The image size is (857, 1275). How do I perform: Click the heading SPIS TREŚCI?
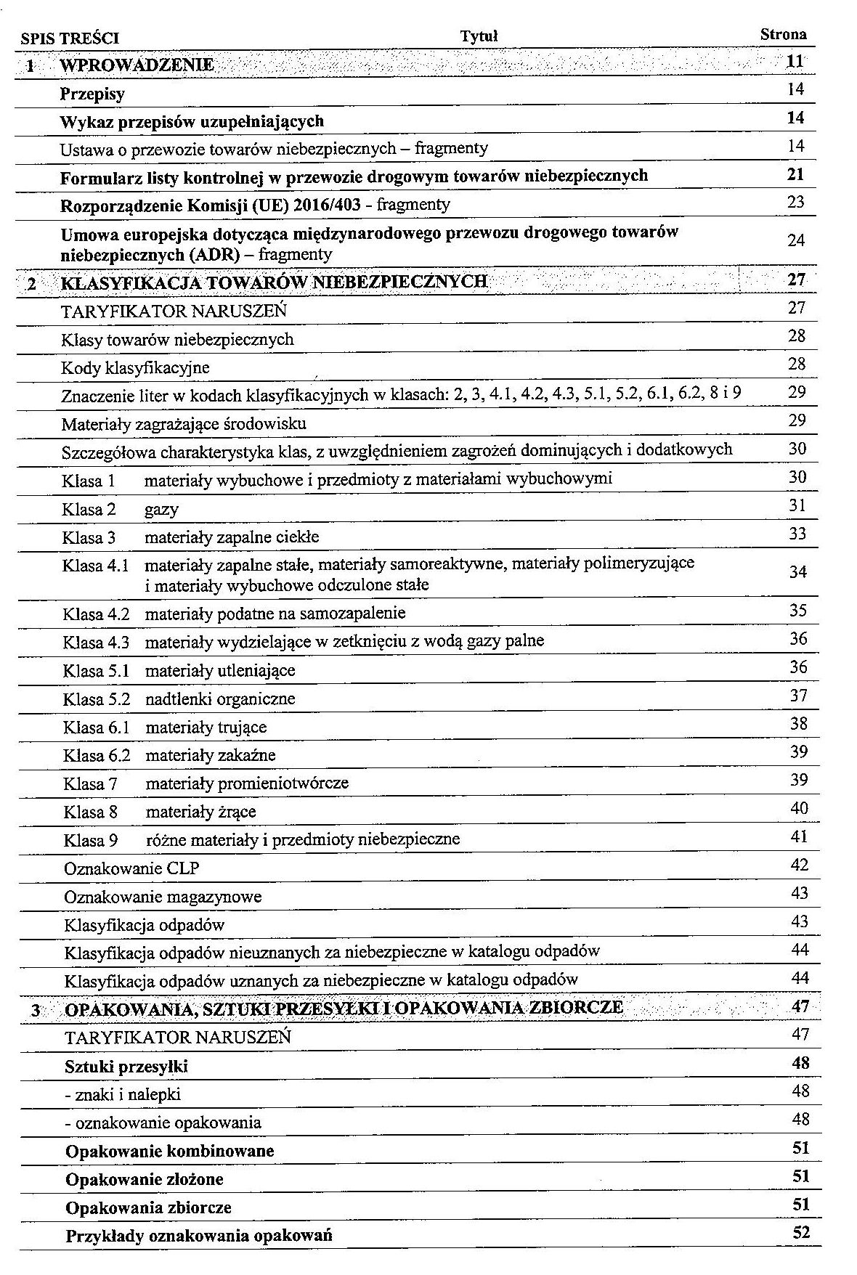tap(70, 38)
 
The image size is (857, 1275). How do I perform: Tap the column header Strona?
tap(783, 34)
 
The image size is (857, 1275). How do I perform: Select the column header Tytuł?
tap(479, 36)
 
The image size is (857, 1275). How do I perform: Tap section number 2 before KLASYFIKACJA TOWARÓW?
tap(32, 283)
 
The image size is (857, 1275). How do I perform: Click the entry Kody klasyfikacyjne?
tap(135, 367)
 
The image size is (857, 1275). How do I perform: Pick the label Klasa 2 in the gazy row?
tap(89, 509)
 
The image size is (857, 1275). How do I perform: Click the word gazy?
tap(161, 510)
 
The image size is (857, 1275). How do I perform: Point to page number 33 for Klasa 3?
tap(797, 534)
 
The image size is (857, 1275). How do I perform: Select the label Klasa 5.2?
tap(96, 698)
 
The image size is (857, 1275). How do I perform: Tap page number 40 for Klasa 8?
tap(799, 808)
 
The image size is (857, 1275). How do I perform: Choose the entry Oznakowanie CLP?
tap(131, 868)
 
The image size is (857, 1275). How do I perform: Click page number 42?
tap(799, 865)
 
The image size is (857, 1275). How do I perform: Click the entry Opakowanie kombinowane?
tap(169, 1152)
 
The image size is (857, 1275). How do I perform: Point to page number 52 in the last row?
tap(800, 1232)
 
